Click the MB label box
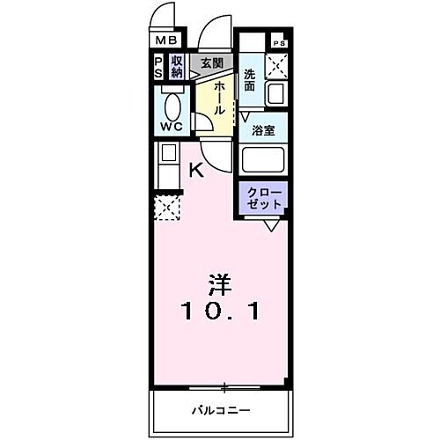pyautogui.click(x=166, y=40)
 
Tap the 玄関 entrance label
pyautogui.click(x=210, y=63)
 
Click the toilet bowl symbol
pyautogui.click(x=172, y=106)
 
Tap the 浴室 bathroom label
pyautogui.click(x=263, y=131)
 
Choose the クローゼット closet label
pyautogui.click(x=264, y=198)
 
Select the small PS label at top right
pyautogui.click(x=279, y=43)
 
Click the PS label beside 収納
pyautogui.click(x=158, y=66)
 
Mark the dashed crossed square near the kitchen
pyautogui.click(x=167, y=208)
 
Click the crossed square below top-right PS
pyautogui.click(x=278, y=65)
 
